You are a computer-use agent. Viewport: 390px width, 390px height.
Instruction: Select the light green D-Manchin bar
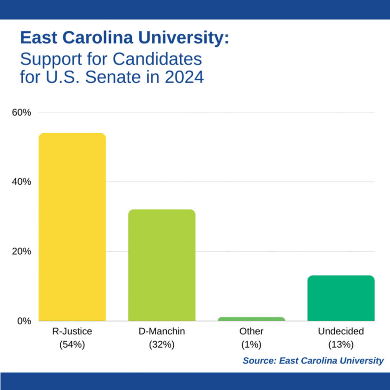tap(162, 265)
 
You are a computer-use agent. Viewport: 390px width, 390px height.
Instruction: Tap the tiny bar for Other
tap(251, 319)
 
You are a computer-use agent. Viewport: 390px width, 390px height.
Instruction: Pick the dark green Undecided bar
tap(341, 298)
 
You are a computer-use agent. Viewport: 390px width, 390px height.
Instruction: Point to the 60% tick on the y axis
tap(21, 112)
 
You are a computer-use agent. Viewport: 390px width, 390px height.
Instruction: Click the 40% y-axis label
tap(21, 182)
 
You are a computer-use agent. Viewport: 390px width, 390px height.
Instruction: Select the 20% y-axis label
tap(21, 251)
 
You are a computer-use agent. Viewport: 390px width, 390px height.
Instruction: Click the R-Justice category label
tap(72, 331)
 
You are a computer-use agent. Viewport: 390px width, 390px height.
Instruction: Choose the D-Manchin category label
tap(162, 331)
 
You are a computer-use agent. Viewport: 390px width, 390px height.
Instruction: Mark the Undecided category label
tap(341, 331)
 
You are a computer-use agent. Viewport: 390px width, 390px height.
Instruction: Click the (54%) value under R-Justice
tap(72, 344)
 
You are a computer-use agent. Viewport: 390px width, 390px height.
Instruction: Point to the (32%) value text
tap(162, 344)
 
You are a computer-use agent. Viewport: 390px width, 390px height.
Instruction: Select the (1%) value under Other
tap(251, 344)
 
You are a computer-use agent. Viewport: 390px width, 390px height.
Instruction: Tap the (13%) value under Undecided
tap(341, 344)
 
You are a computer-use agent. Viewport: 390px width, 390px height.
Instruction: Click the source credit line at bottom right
tap(313, 361)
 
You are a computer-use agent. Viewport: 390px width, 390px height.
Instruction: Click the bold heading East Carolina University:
tap(124, 38)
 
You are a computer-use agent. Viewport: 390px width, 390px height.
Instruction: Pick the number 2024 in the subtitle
tap(184, 77)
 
